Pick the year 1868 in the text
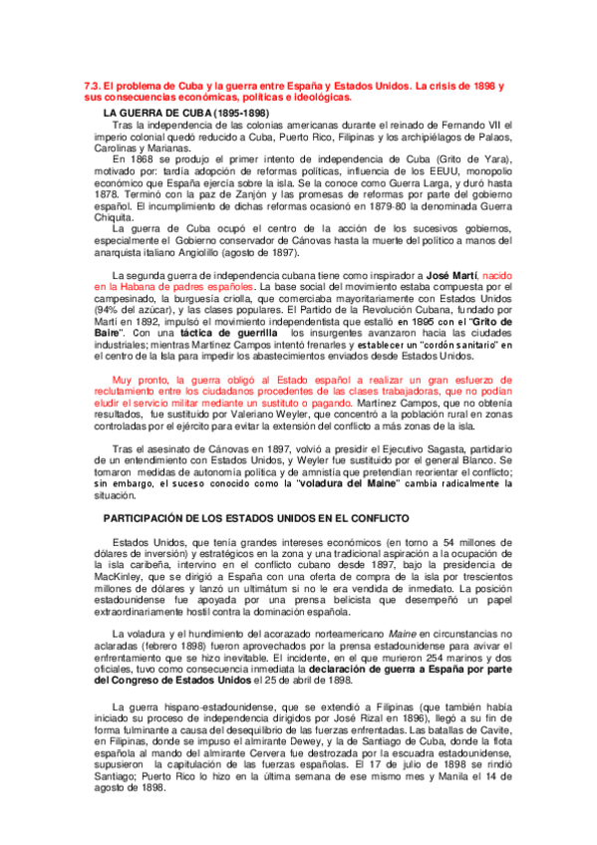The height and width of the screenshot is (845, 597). [141, 158]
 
